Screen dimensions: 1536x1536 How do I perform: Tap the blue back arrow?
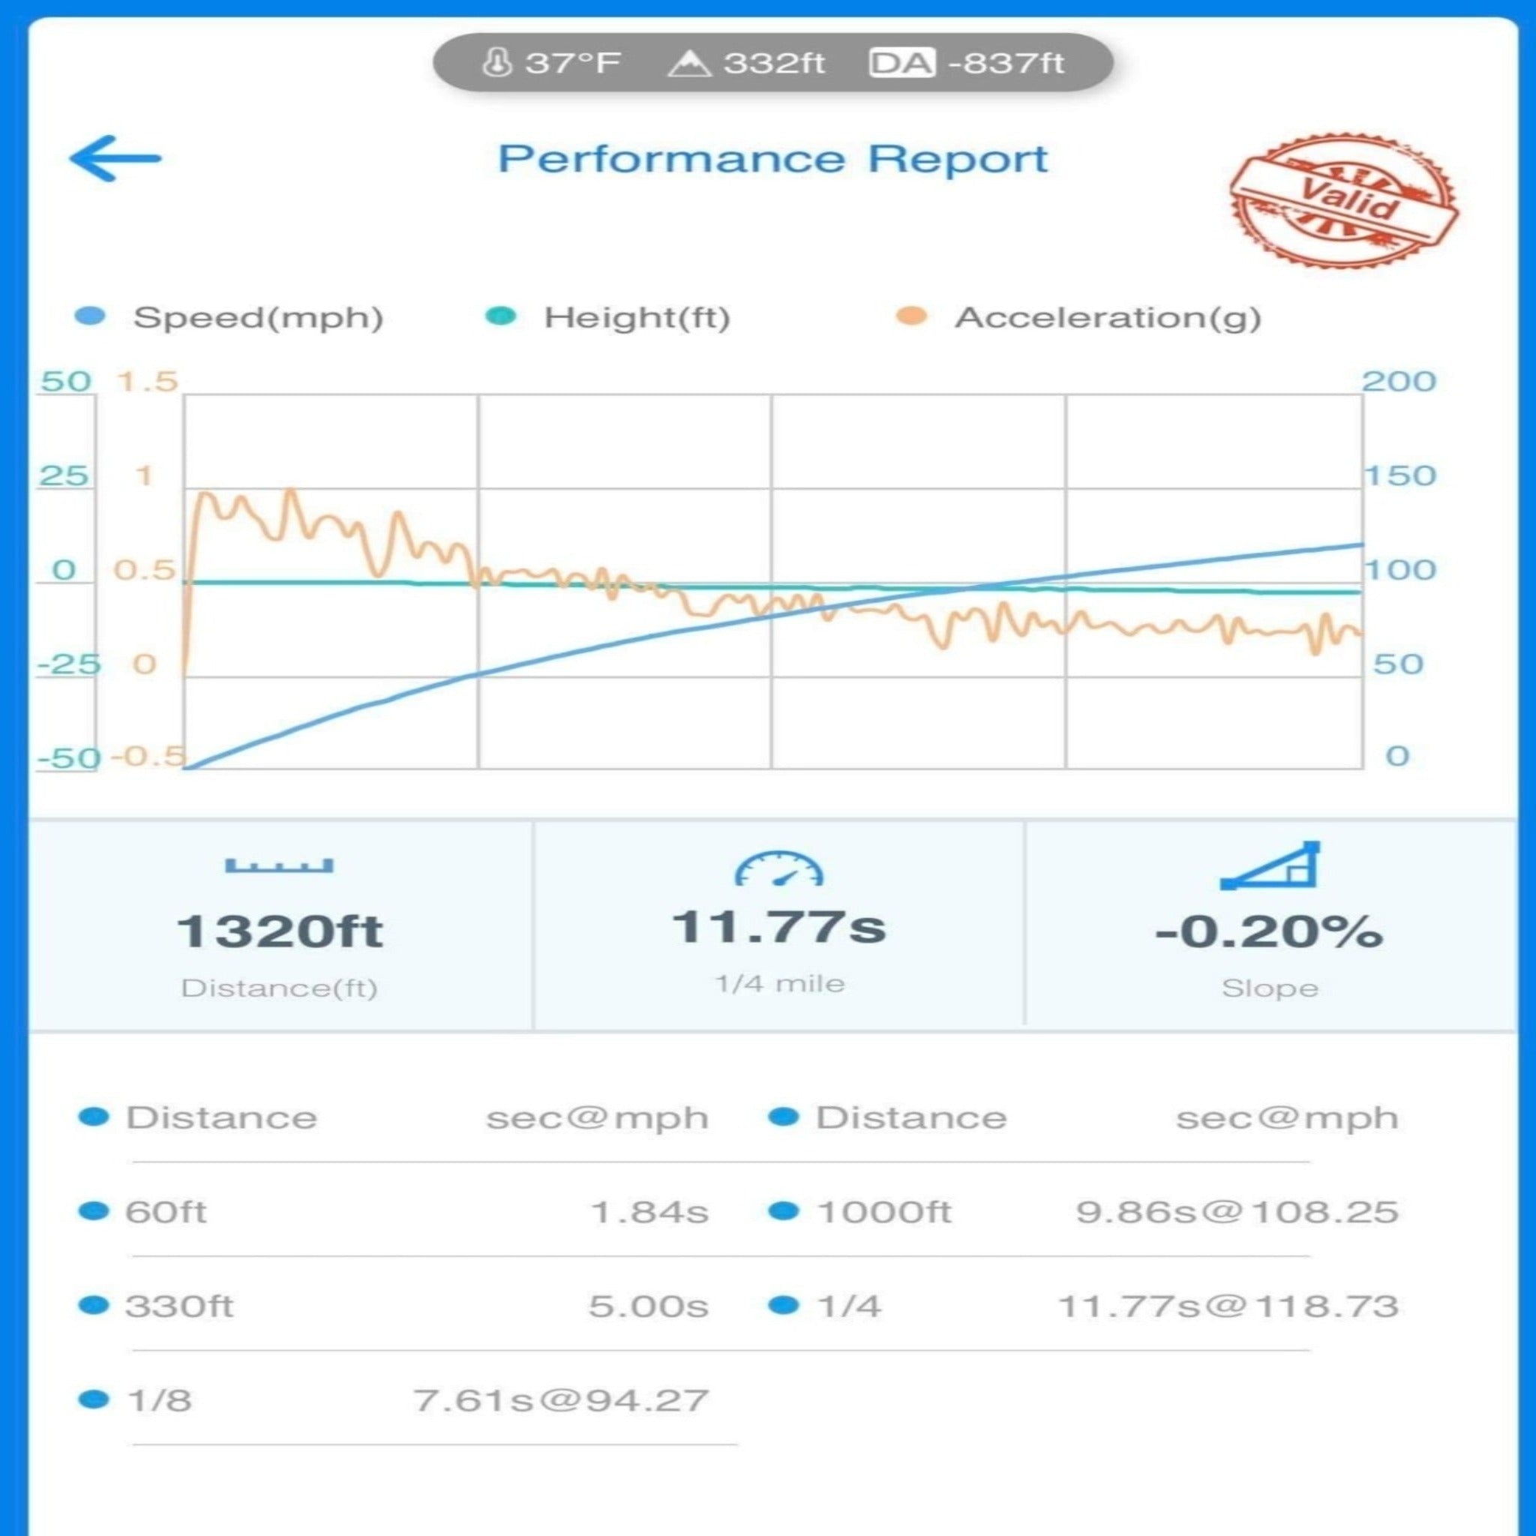[115, 158]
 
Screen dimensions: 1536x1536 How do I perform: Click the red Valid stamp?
[1342, 199]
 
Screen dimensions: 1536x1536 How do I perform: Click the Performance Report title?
[772, 159]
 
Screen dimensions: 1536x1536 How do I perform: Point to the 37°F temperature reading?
[553, 63]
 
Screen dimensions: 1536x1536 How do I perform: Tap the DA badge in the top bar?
[901, 63]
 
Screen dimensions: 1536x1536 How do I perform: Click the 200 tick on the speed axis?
[1399, 382]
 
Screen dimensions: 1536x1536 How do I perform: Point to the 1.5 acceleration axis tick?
[147, 382]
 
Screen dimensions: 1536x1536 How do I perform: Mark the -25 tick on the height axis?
[68, 664]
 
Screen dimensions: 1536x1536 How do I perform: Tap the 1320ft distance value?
[279, 930]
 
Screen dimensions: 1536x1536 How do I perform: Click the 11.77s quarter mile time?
[778, 926]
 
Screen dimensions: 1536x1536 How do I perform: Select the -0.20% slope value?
[1269, 930]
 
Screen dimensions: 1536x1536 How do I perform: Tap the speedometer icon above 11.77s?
[778, 868]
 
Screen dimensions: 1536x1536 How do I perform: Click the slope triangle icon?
[1270, 865]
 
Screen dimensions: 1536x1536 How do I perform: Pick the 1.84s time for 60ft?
[649, 1212]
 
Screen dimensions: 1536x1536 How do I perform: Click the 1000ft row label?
[883, 1212]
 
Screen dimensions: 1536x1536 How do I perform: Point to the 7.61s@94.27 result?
[560, 1400]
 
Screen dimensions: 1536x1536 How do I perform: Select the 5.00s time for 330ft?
[648, 1306]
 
